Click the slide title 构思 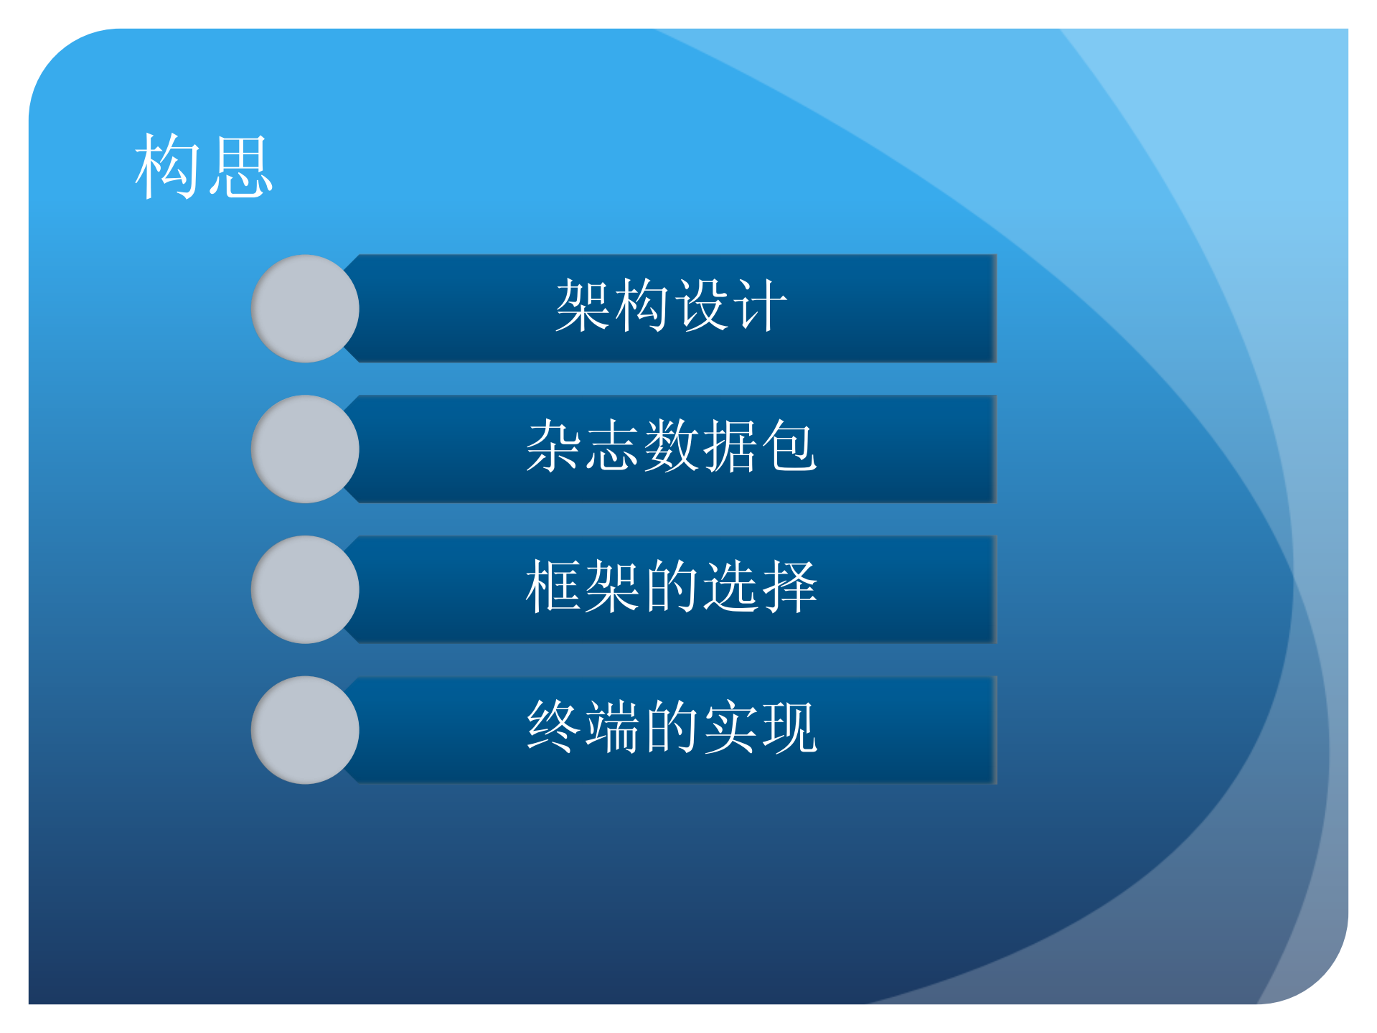pos(204,167)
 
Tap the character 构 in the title pos(168,167)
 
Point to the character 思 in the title pos(240,167)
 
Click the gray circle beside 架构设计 pos(305,309)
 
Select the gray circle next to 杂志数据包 pos(305,449)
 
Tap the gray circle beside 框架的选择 pos(305,589)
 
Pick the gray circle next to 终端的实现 pos(305,730)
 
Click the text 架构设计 pos(671,307)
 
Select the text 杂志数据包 pos(671,447)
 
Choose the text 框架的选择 pos(671,587)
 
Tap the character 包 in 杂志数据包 pos(789,447)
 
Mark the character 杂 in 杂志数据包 pos(553,447)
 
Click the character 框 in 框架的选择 pos(553,587)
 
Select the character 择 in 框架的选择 pos(789,587)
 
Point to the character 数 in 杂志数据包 pos(671,447)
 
